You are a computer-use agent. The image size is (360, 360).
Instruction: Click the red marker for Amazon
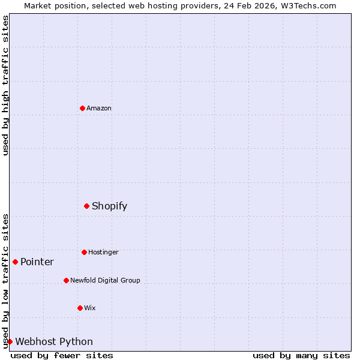(82, 108)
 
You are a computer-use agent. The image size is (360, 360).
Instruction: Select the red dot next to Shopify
(86, 206)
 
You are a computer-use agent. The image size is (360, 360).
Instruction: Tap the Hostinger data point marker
(84, 252)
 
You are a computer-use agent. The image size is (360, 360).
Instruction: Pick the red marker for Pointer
(15, 262)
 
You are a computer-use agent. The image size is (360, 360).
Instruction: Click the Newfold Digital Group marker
(66, 280)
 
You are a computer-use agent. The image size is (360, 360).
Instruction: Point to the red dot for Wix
(80, 308)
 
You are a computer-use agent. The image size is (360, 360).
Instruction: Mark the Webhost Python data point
(10, 341)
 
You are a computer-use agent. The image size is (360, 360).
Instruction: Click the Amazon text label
(99, 108)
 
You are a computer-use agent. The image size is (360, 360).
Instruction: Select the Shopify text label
(109, 206)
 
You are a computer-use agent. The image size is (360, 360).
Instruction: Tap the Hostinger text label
(103, 252)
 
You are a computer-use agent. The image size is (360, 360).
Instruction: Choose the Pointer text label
(37, 262)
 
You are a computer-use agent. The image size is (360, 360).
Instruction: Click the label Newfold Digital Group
(105, 280)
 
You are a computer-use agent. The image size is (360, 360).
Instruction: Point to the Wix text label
(90, 308)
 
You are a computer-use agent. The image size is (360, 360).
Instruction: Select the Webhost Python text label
(54, 341)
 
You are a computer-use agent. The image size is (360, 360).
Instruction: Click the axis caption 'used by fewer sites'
(62, 355)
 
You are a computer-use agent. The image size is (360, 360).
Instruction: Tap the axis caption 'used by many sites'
(301, 355)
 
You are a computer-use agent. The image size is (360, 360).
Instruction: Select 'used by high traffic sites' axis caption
(5, 85)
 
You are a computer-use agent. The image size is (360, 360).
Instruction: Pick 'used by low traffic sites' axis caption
(5, 281)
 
